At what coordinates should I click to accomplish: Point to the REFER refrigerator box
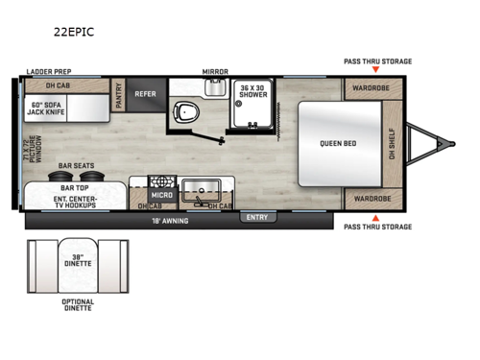tap(145, 94)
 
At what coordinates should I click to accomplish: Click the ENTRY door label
tap(257, 217)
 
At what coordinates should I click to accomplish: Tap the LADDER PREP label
tap(49, 72)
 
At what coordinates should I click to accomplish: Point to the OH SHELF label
tap(391, 144)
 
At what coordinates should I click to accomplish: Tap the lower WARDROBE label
tap(369, 200)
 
